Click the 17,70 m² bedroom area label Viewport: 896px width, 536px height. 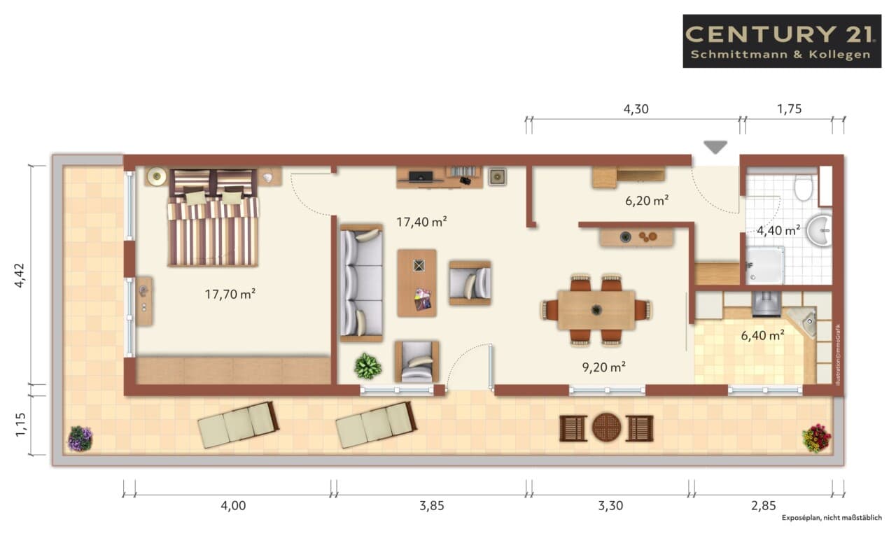coord(230,295)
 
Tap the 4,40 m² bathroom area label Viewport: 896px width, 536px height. coord(778,230)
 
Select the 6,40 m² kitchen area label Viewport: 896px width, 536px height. coord(762,335)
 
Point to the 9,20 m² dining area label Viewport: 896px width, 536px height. coord(603,367)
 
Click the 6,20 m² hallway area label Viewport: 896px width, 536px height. coord(647,200)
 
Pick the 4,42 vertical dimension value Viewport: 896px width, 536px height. coord(20,275)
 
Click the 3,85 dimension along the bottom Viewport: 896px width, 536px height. coord(432,506)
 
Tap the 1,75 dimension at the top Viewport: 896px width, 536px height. coord(789,108)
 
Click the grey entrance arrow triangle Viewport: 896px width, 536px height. coord(715,147)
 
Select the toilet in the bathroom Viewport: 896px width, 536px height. coord(803,188)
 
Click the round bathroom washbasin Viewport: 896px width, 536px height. coord(819,230)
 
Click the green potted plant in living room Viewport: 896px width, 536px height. coord(367,365)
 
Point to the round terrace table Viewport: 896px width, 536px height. coord(606,428)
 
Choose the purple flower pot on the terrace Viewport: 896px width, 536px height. coord(80,439)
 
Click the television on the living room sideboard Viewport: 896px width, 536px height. coord(421,176)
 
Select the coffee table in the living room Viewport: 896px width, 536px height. coord(416,283)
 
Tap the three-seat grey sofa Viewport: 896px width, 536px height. coord(361,283)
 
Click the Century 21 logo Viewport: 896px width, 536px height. coord(782,41)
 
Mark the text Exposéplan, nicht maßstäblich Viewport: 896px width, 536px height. coord(832,518)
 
